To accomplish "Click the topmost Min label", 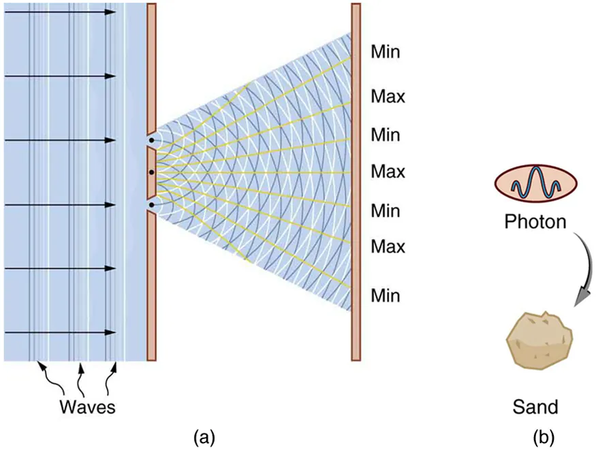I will pyautogui.click(x=386, y=52).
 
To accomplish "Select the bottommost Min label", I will pyautogui.click(x=386, y=296).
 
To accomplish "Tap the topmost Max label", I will pyautogui.click(x=388, y=97).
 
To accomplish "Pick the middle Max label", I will pyautogui.click(x=388, y=172).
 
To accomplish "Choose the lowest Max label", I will pyautogui.click(x=388, y=246).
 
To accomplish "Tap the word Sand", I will pyautogui.click(x=535, y=407).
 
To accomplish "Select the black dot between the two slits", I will pyautogui.click(x=151, y=173).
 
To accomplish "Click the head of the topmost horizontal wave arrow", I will pyautogui.click(x=111, y=12).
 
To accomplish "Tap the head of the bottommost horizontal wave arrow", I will pyautogui.click(x=111, y=333).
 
